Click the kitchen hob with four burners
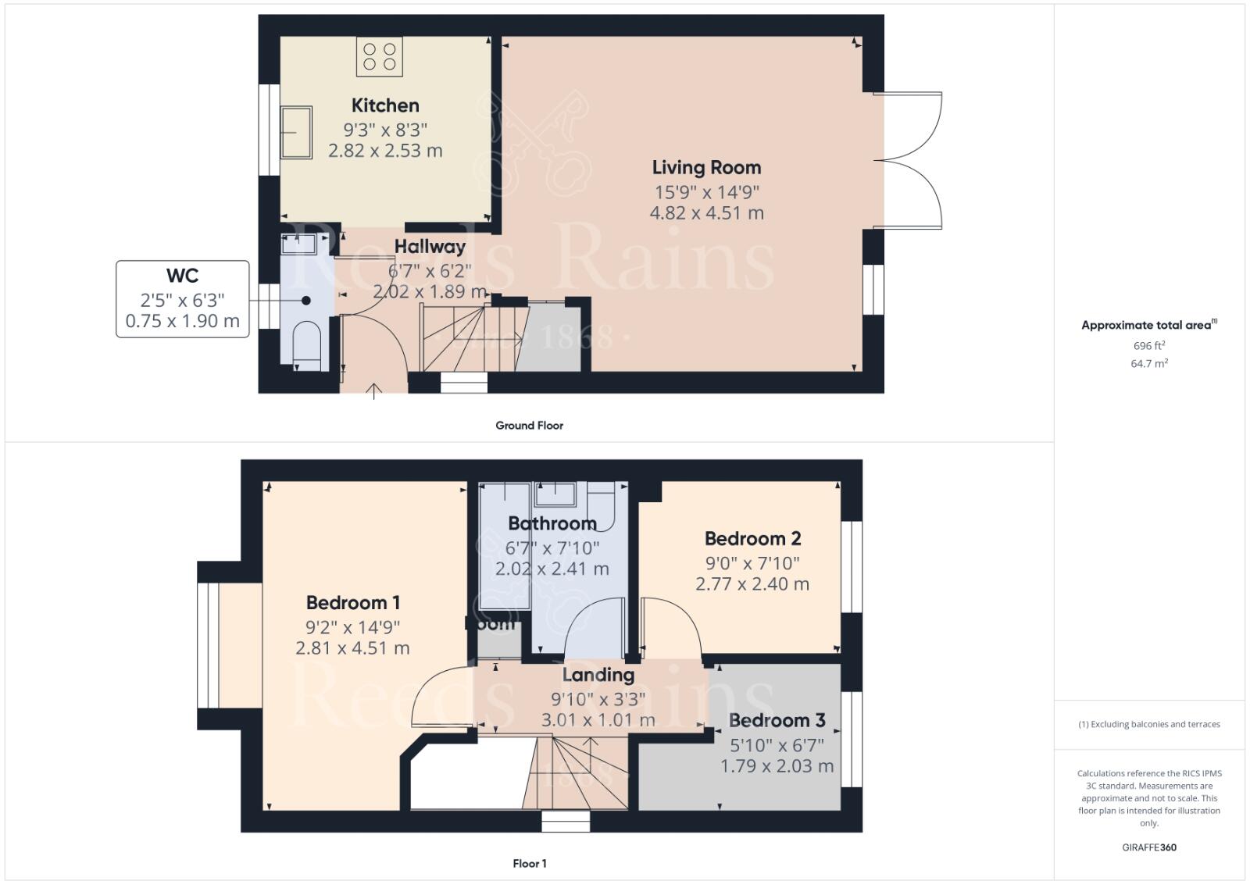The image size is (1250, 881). [x=380, y=57]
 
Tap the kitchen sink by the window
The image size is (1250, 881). [x=296, y=132]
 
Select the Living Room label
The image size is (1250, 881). [x=706, y=168]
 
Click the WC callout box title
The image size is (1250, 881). [x=182, y=276]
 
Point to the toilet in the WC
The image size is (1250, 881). [x=306, y=348]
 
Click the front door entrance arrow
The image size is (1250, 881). [x=374, y=391]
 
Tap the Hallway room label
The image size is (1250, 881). [x=430, y=247]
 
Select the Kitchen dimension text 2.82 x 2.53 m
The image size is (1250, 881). [x=385, y=151]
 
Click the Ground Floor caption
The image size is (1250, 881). [x=529, y=426]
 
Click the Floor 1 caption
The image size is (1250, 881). [x=529, y=863]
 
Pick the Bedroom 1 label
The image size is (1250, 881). [x=353, y=603]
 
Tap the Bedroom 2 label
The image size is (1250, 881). [x=752, y=539]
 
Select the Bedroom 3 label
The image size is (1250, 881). [x=777, y=720]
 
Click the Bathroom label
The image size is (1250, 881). [x=552, y=523]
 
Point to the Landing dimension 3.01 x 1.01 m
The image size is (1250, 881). [x=598, y=720]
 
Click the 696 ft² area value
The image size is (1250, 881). [x=1148, y=345]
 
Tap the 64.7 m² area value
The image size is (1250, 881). [x=1148, y=363]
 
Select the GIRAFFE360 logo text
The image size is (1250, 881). [x=1148, y=847]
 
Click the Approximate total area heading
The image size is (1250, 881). [x=1147, y=325]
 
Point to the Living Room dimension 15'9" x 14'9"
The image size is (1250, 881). [x=706, y=192]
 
